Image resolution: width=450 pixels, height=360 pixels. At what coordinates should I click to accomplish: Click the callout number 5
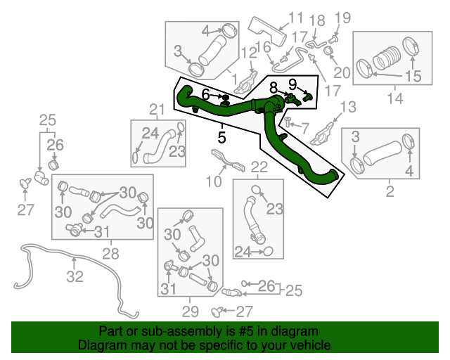(221, 137)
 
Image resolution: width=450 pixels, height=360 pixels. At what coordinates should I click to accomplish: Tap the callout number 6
(205, 94)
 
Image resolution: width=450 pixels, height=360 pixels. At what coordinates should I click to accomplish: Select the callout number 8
(273, 87)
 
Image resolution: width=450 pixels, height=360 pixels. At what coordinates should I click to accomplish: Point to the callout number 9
(293, 84)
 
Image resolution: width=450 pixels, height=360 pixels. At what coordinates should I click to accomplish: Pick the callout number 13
(348, 107)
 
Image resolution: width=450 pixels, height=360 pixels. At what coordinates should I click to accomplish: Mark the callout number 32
(75, 277)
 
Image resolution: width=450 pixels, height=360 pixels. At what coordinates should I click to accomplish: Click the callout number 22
(259, 167)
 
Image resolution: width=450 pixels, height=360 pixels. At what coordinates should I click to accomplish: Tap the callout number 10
(214, 182)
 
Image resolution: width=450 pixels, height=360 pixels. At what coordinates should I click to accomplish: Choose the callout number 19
(342, 18)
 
